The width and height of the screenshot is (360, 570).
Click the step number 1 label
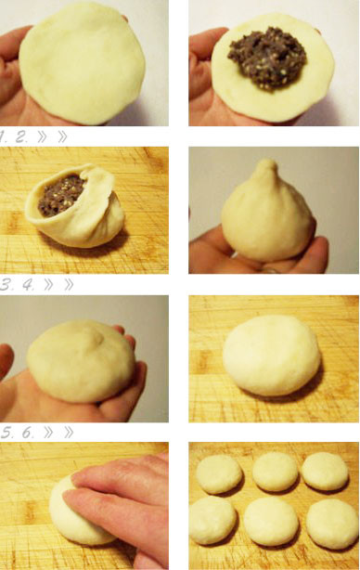tap(3, 137)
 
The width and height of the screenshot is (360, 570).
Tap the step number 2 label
tap(21, 137)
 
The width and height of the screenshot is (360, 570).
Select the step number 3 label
tap(6, 285)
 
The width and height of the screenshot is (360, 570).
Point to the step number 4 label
tap(29, 285)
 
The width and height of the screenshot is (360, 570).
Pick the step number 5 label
tap(6, 433)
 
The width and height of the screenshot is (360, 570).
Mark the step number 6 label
tap(29, 433)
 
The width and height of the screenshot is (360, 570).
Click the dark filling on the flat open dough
tap(267, 58)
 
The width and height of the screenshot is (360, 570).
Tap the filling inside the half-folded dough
tap(61, 196)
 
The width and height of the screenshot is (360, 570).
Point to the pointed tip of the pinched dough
tap(268, 162)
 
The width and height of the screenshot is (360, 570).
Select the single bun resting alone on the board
tap(272, 356)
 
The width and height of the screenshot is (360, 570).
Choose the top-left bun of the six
tap(219, 474)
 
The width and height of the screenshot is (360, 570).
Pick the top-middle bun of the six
tap(276, 472)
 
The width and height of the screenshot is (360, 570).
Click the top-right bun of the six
tap(325, 471)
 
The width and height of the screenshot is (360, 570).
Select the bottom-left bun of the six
tap(212, 520)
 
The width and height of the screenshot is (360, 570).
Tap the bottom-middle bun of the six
tap(271, 522)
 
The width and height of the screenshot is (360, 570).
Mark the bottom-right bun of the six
tap(332, 524)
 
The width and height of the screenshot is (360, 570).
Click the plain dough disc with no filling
tap(83, 62)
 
